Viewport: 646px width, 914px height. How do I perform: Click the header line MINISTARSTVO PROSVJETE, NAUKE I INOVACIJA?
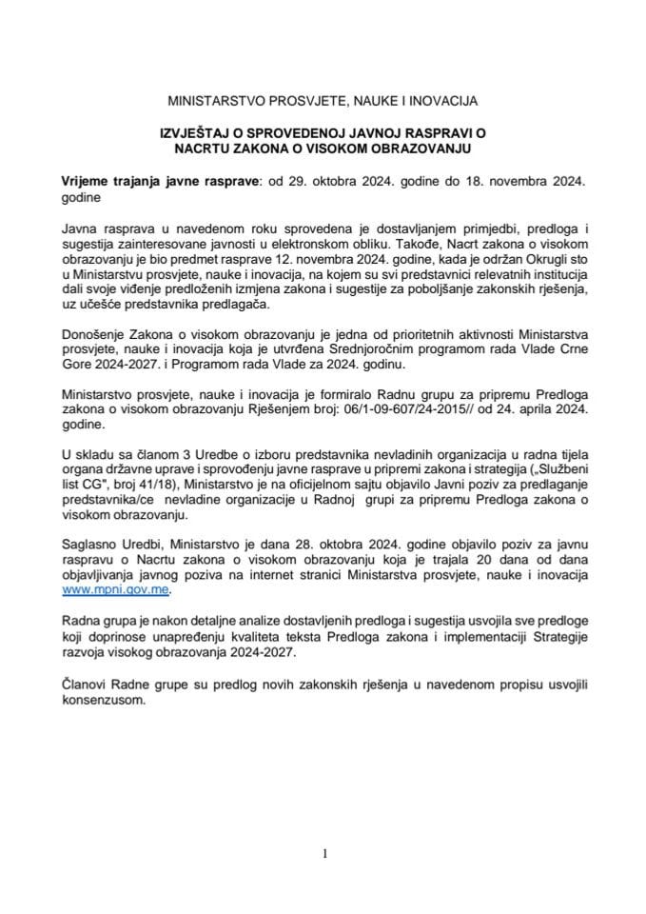[323, 99]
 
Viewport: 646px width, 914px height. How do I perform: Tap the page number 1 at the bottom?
[324, 854]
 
